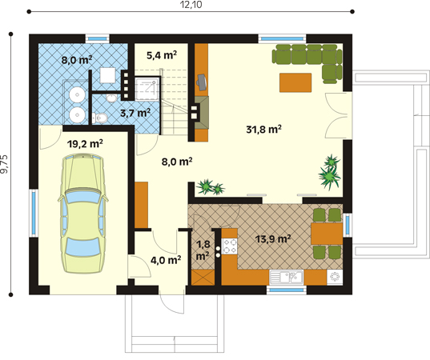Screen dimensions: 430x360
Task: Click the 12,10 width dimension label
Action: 191,5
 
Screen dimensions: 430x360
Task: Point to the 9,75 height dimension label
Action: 5,164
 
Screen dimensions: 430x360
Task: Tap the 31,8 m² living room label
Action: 263,129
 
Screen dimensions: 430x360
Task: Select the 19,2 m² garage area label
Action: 85,143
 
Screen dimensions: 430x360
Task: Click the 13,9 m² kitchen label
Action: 273,239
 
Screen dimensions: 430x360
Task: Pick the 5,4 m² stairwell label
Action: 162,55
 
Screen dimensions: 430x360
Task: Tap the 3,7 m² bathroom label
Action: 135,113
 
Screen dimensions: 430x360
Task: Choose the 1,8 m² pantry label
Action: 203,250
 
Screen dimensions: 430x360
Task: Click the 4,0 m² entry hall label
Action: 166,259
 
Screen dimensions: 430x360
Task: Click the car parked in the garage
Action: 83,214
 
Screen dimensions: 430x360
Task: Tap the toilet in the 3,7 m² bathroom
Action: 99,118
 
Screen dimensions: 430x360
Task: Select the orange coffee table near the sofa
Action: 295,82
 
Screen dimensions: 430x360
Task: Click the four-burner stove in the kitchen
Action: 229,246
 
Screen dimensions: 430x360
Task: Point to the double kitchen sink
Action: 287,278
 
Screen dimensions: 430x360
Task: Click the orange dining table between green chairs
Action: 327,234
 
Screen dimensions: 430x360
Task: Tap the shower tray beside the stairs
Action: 147,89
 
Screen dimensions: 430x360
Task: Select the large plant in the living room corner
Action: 330,172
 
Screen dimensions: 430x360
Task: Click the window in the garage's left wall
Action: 34,213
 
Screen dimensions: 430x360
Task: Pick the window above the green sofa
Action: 282,38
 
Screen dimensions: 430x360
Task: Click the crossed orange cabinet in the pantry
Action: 203,278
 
